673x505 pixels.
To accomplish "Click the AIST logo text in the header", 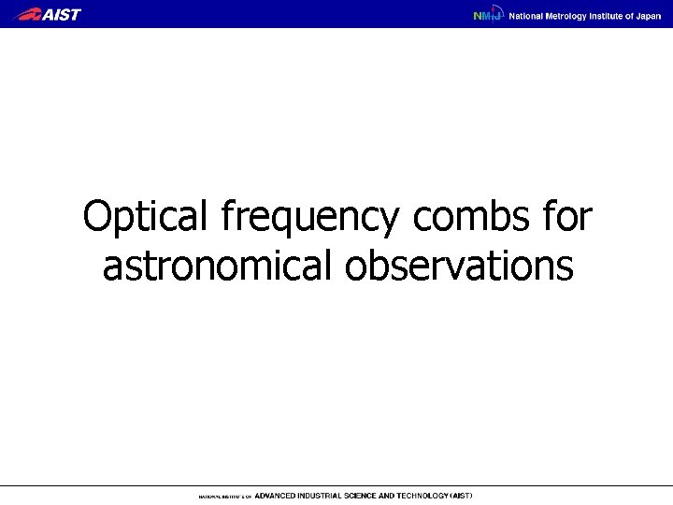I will pyautogui.click(x=62, y=14).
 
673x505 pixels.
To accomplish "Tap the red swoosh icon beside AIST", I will pyautogui.click(x=28, y=14).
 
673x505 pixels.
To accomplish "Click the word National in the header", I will pyautogui.click(x=526, y=15).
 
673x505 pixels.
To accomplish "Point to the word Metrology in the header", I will pyautogui.click(x=570, y=15).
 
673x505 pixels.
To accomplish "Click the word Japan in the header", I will pyautogui.click(x=649, y=15).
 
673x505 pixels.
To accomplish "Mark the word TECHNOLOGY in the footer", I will pyautogui.click(x=432, y=496).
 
